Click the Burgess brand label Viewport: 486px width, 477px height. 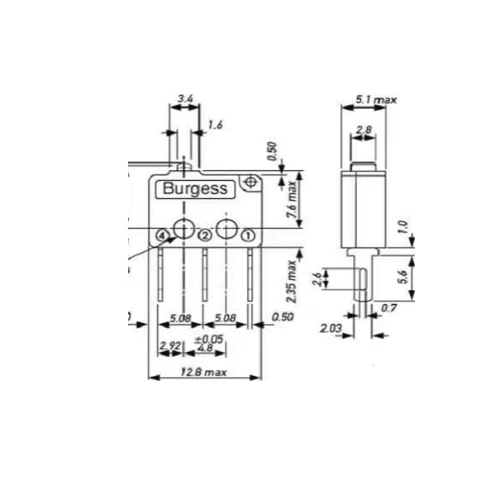194,189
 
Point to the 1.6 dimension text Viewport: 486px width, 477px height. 215,125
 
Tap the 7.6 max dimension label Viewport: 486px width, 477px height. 291,203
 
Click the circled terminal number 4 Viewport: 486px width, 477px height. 162,236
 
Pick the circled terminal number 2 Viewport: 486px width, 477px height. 205,236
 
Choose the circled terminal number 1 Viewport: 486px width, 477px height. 247,236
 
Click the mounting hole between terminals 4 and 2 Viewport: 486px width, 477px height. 183,229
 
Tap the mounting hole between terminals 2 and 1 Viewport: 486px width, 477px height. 226,229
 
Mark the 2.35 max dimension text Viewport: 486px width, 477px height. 292,280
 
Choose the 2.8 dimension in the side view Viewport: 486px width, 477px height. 365,130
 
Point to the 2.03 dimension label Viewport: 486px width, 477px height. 331,328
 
